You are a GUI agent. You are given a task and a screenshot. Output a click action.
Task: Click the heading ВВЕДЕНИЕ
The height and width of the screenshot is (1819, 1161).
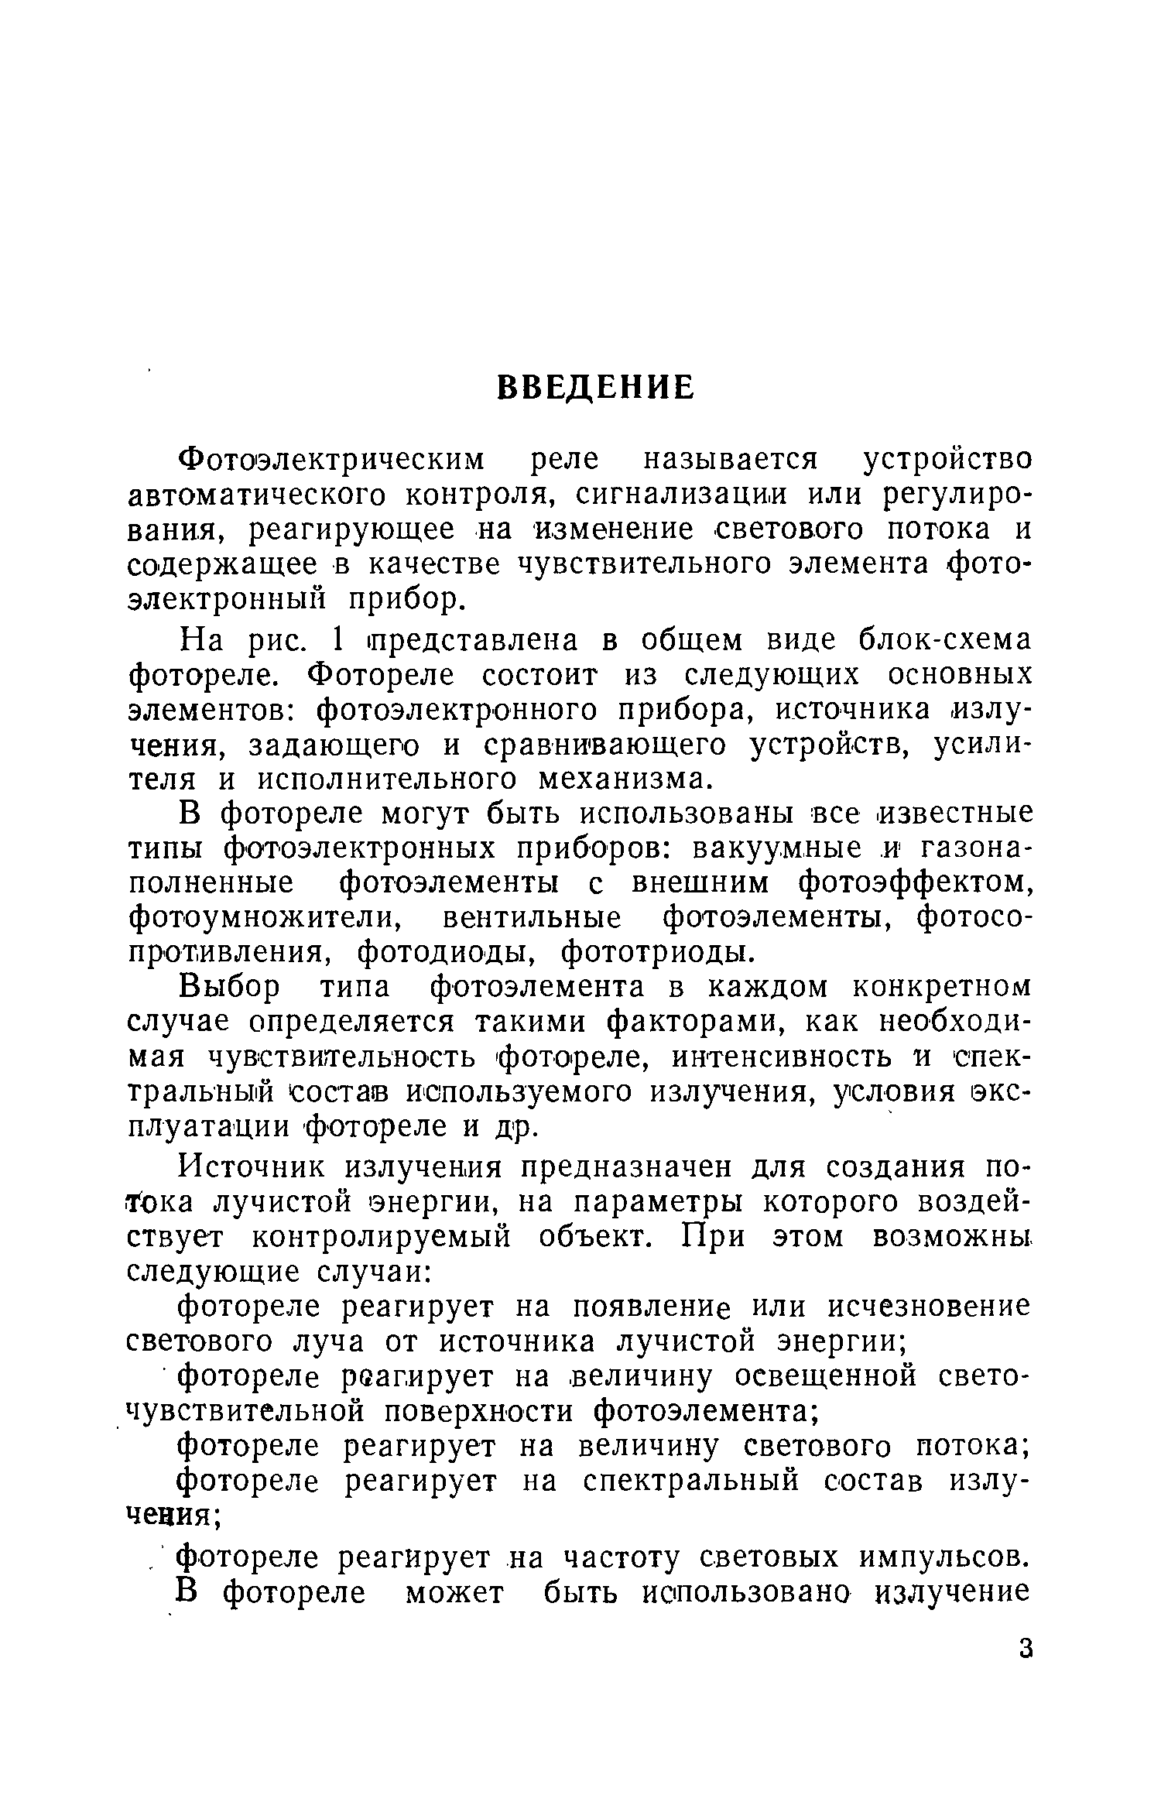[594, 388]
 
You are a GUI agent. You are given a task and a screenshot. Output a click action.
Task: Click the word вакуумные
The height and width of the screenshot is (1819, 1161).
[776, 848]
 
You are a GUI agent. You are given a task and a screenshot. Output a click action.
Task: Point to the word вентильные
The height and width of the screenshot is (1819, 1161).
[532, 917]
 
